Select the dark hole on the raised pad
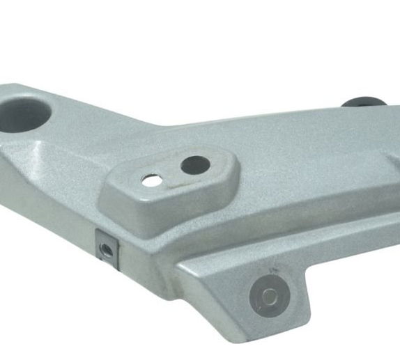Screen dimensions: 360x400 click(194, 165)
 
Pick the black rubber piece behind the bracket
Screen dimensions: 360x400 click(364, 102)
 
